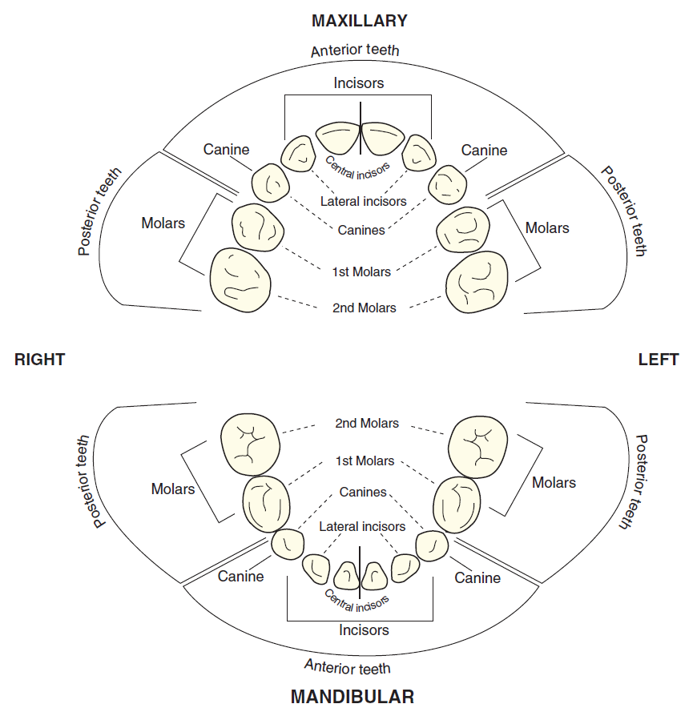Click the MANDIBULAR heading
pos(353,698)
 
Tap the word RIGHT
pos(40,360)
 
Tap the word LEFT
pos(659,360)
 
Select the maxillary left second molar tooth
pos(478,284)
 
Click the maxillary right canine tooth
pos(270,184)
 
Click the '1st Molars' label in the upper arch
pos(363,272)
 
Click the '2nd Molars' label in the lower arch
pos(367,424)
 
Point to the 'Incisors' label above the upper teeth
pos(360,83)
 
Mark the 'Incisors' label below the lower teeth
pos(365,630)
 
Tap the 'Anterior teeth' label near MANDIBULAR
pos(348,666)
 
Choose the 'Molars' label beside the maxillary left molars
pos(548,228)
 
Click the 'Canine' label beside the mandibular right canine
pos(241,577)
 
